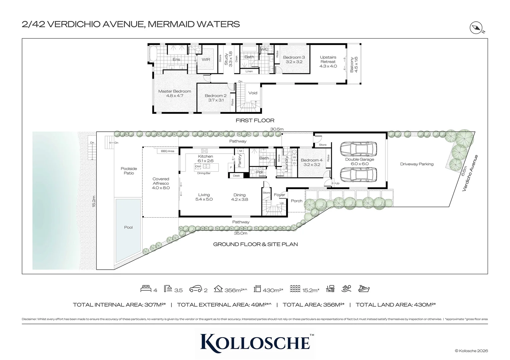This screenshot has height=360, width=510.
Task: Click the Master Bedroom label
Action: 174,93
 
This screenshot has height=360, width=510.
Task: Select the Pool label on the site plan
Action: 128,227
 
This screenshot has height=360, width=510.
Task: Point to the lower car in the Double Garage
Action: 359,174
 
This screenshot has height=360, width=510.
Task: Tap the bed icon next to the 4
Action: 146,289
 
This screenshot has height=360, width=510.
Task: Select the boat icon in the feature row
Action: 364,289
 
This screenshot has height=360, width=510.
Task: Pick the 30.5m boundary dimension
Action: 277,129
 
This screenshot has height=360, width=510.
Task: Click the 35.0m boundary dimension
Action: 240,233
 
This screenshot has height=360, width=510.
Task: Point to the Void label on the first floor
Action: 253,93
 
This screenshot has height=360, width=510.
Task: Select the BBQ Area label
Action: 167,151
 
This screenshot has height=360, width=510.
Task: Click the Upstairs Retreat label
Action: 328,62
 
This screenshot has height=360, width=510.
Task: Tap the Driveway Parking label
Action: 417,164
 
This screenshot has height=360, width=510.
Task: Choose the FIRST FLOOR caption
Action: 255,121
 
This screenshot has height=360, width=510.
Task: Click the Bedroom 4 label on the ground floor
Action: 312,162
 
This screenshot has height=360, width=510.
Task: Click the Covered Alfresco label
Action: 161,183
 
